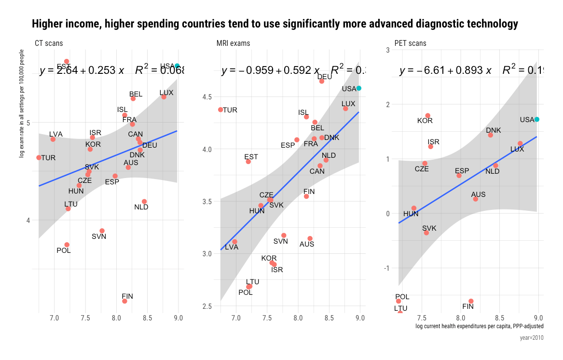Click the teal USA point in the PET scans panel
[536, 119]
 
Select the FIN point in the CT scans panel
[124, 301]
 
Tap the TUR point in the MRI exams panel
[220, 110]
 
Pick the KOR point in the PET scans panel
[427, 116]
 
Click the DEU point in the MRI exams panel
[322, 82]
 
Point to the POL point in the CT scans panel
[67, 245]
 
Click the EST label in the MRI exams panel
[251, 157]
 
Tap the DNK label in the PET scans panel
[494, 130]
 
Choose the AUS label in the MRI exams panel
[307, 244]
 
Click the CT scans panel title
[49, 43]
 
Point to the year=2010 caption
[532, 338]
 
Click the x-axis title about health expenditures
[480, 327]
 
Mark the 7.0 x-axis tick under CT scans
[54, 318]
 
